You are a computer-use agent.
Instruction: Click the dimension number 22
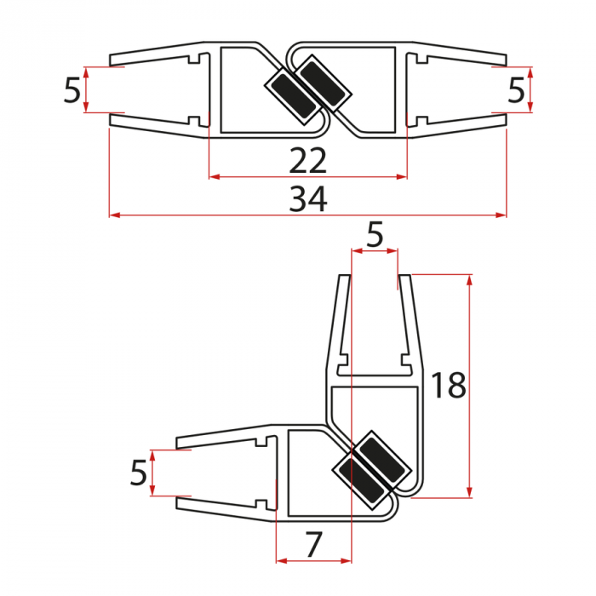(307, 159)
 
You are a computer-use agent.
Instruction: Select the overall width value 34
(307, 199)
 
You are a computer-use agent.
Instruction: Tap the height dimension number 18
(449, 386)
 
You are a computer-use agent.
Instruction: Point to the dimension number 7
(314, 544)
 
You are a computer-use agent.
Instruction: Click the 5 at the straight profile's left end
(72, 90)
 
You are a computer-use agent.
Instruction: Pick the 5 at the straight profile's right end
(516, 90)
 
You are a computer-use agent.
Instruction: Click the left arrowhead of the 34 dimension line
(114, 215)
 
